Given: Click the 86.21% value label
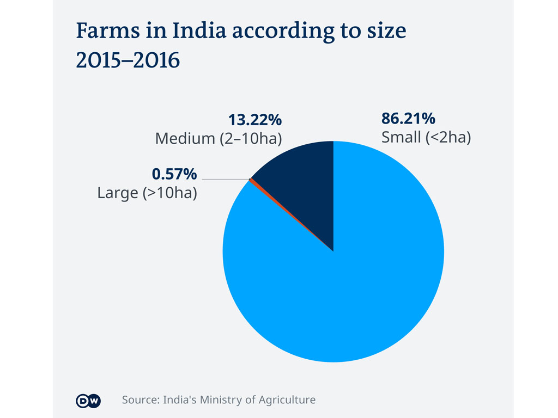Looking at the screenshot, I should tap(408, 119).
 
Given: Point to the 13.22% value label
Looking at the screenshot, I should tap(254, 119).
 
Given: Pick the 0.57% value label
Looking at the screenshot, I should tap(174, 174).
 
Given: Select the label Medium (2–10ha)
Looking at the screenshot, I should tap(218, 138).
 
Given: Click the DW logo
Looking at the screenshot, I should tap(88, 401).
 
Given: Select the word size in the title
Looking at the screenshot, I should tap(386, 32).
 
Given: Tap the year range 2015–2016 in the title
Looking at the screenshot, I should tap(128, 60).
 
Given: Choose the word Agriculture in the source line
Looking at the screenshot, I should tap(288, 401).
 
